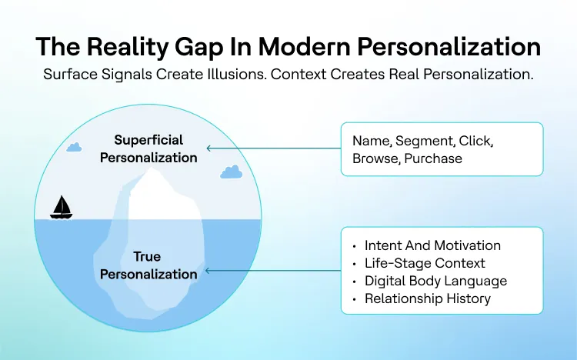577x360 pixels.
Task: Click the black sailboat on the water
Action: point(62,207)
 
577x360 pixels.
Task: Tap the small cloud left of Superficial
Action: point(74,146)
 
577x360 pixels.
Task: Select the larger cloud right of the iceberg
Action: point(231,172)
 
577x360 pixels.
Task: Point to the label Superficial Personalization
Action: point(155,148)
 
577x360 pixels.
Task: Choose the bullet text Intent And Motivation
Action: point(432,245)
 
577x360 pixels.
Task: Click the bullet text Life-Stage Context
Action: point(425,263)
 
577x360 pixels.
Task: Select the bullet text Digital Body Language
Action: point(435,281)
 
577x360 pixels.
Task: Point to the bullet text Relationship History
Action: point(427,298)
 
